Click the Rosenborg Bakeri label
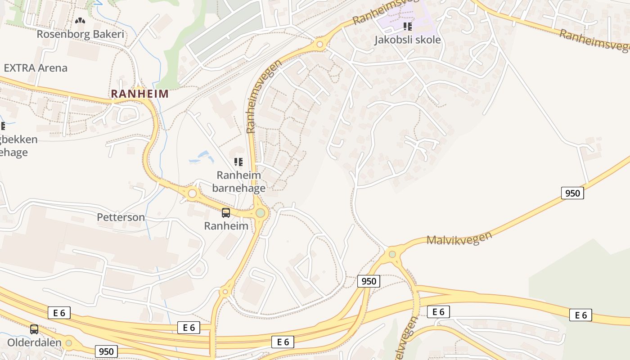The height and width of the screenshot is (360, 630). click(x=80, y=34)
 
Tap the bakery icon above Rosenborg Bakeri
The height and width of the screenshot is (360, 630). click(x=80, y=20)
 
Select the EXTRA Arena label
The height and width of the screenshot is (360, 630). click(x=36, y=68)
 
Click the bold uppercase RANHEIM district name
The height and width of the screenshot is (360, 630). click(x=139, y=94)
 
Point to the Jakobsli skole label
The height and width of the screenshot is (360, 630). click(x=407, y=40)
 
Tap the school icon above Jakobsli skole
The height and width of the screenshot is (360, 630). click(x=408, y=27)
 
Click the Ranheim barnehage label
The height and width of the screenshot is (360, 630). click(x=238, y=181)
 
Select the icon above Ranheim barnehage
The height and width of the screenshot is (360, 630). click(x=238, y=162)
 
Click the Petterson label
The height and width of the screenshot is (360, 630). click(x=121, y=217)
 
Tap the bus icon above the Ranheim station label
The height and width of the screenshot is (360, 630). click(x=226, y=213)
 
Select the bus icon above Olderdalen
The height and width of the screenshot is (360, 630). click(x=34, y=329)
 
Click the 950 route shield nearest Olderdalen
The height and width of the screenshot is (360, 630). click(x=106, y=351)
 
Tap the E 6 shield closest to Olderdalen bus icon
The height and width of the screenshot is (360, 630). click(x=59, y=313)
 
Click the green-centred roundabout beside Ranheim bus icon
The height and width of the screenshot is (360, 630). click(x=260, y=213)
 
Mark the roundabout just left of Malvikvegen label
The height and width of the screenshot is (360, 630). click(x=392, y=254)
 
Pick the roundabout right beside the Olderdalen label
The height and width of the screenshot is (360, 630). click(x=68, y=343)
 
